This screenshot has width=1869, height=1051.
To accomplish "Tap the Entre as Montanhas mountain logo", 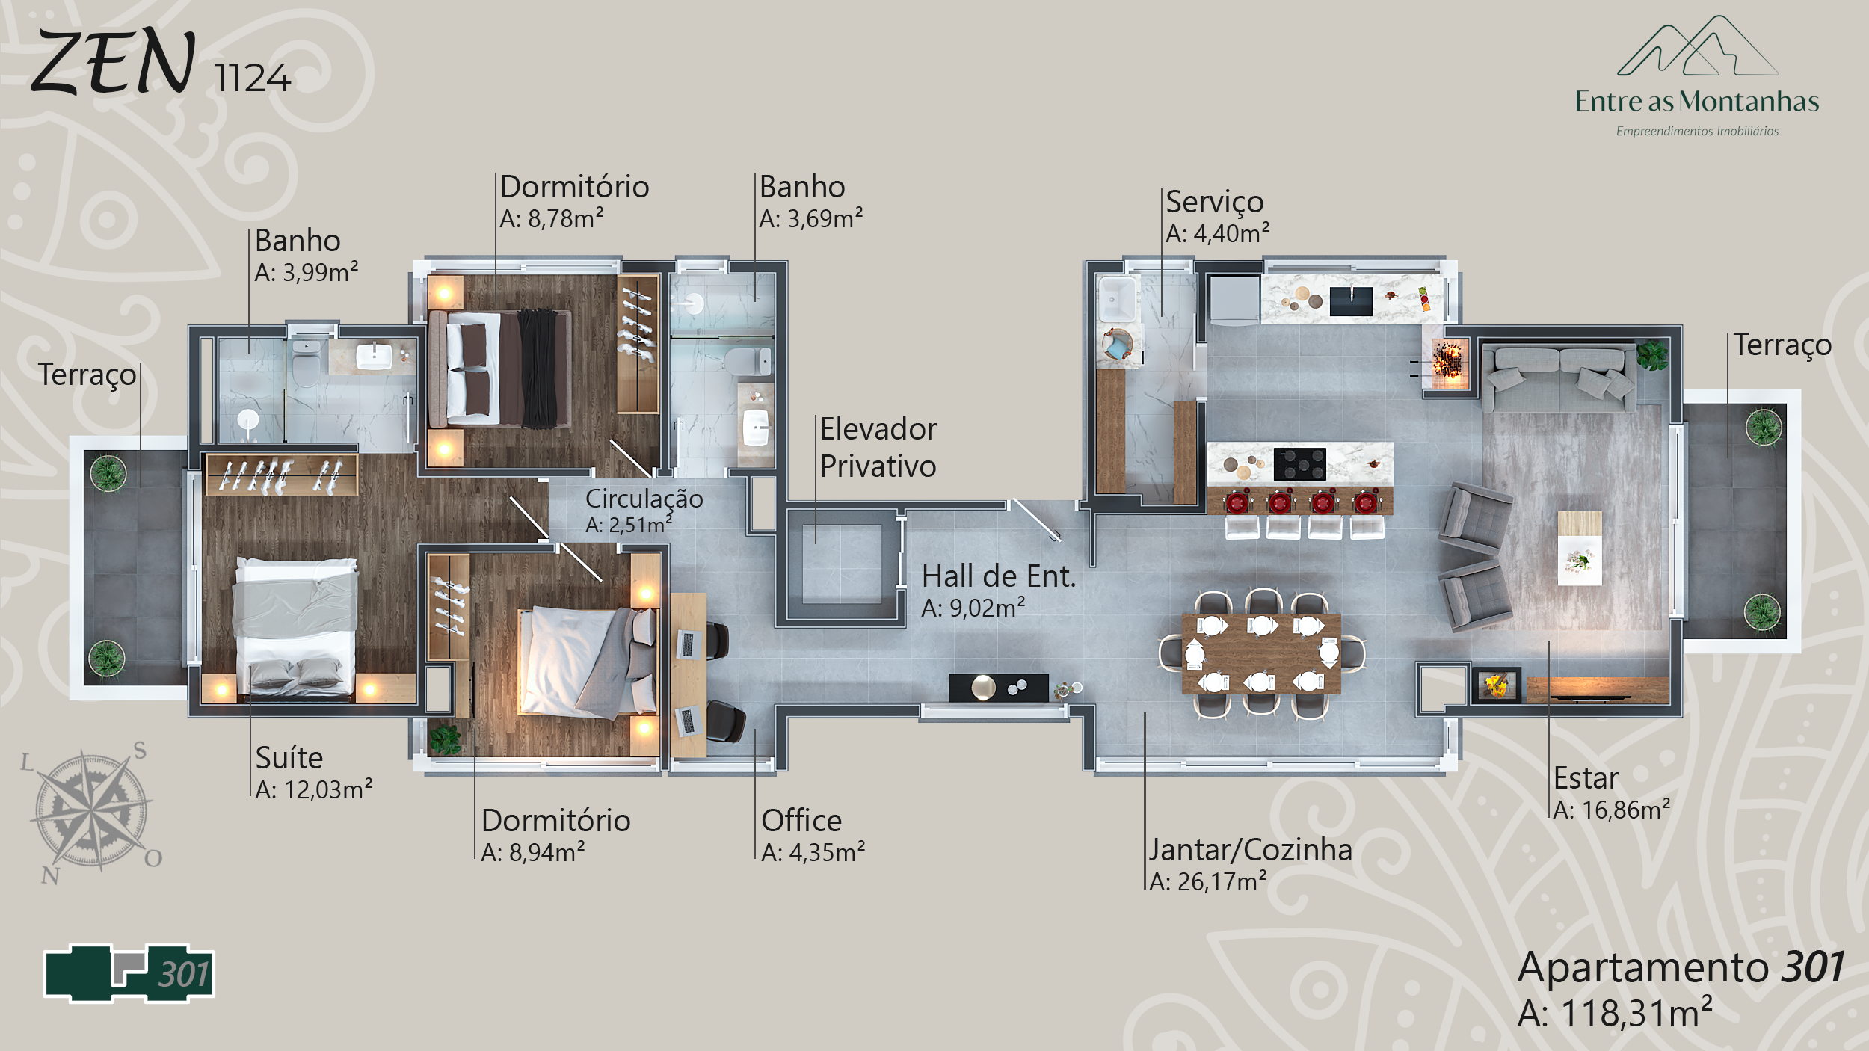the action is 1697,46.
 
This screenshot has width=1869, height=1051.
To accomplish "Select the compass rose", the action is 92,812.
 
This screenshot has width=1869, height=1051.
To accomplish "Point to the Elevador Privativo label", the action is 878,448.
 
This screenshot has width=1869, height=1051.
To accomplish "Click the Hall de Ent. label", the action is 999,576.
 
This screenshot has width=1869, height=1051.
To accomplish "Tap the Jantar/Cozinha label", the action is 1251,851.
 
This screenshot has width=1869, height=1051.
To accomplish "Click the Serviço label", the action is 1215,203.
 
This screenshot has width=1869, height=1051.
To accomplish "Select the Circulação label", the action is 644,499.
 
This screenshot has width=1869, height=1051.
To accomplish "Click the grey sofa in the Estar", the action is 1558,377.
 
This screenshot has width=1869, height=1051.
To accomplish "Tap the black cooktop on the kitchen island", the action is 1299,464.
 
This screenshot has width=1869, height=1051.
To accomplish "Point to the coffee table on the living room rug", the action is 1580,549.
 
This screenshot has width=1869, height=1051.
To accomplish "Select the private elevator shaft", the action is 842,564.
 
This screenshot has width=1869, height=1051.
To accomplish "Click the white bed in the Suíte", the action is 296,628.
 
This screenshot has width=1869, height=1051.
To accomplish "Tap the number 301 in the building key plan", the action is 184,975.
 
